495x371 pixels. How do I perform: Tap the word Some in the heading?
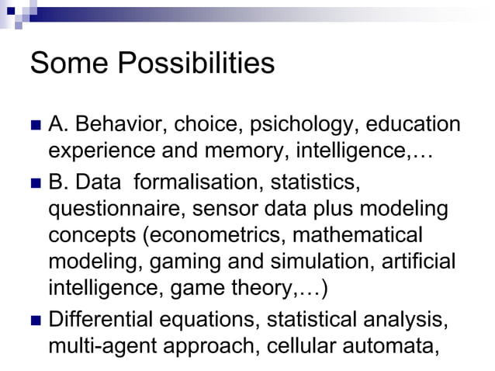coord(64,64)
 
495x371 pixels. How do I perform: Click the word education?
coord(413,124)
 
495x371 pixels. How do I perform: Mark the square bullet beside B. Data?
coord(34,183)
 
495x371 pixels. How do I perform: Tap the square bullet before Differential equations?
coord(34,320)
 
